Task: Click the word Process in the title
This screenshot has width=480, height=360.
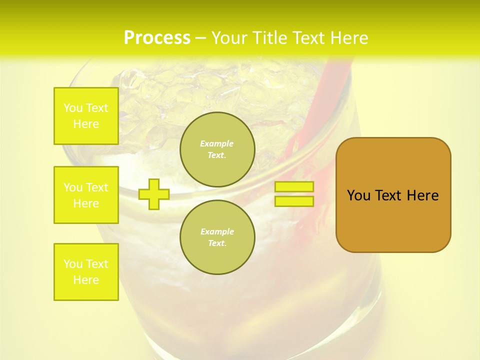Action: [x=157, y=38]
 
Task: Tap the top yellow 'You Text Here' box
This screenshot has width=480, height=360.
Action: [x=86, y=116]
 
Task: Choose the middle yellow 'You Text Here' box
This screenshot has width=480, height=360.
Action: [x=86, y=195]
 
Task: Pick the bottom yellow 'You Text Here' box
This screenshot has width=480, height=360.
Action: [x=86, y=272]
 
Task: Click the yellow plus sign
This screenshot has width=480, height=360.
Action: [x=154, y=193]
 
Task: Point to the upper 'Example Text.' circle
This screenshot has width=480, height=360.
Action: [x=217, y=149]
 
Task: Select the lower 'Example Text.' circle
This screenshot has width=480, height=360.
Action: [x=217, y=237]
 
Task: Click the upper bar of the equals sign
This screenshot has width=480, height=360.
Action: [x=294, y=186]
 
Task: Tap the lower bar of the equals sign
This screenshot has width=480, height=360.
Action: [x=294, y=201]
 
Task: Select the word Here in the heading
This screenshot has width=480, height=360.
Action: [x=349, y=38]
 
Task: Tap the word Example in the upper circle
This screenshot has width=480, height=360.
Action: [x=216, y=143]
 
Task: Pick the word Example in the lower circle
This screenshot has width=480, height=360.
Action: [x=217, y=231]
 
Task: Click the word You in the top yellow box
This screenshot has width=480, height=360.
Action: [x=72, y=108]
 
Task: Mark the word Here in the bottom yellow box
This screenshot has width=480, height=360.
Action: [x=86, y=280]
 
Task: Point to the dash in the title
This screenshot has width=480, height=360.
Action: [x=201, y=38]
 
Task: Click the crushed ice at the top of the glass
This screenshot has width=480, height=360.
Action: [x=200, y=90]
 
